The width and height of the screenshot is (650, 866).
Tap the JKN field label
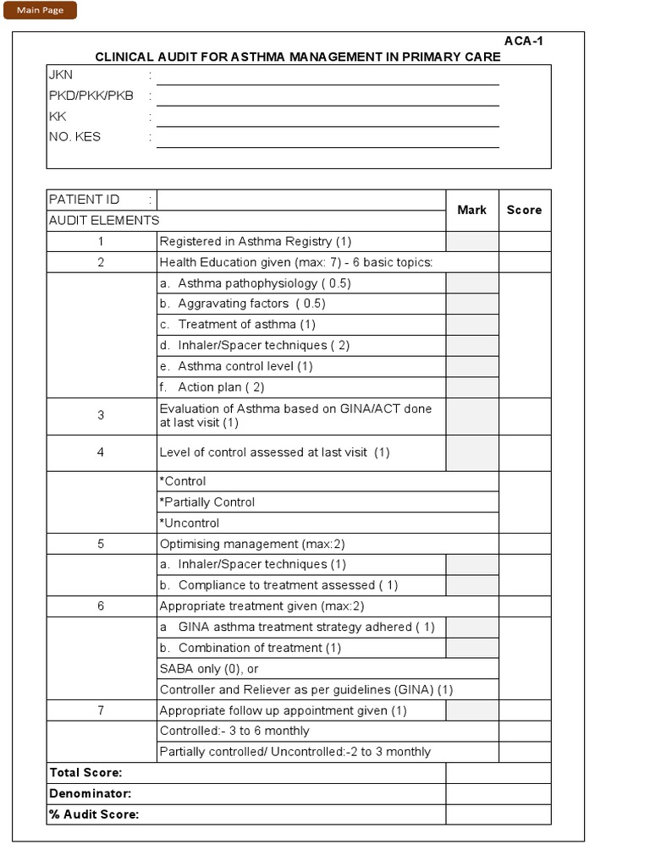click(61, 75)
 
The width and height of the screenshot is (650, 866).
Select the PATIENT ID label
click(84, 200)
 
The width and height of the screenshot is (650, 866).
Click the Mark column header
click(471, 210)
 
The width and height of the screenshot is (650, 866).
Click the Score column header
click(524, 210)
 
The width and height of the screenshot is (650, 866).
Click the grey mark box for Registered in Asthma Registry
click(471, 242)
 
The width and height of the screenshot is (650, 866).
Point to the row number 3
click(101, 415)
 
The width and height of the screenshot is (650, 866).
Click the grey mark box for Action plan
click(471, 387)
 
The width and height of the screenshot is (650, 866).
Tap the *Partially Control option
click(207, 502)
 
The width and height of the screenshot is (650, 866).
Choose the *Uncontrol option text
click(190, 523)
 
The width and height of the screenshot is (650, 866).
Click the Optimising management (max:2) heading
click(252, 544)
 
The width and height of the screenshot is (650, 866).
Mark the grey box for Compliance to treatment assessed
click(471, 585)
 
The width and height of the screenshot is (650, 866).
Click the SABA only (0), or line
click(209, 669)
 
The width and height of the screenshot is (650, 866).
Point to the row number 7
click(101, 710)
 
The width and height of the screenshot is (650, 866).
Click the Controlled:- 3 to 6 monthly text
click(234, 731)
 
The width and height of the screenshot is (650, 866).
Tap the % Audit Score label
click(94, 814)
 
